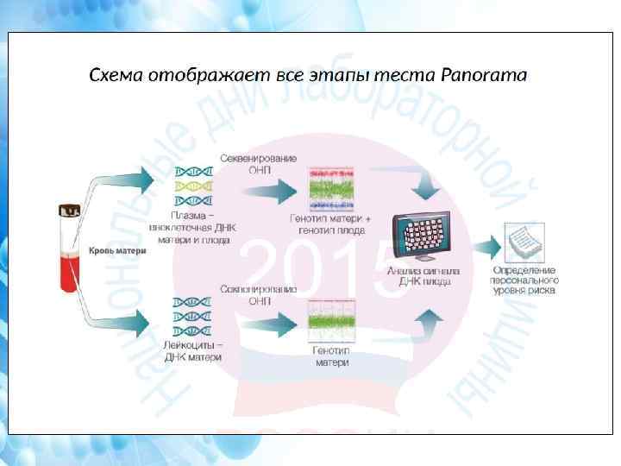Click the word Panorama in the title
[483, 75]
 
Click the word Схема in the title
[118, 75]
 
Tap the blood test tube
[70, 251]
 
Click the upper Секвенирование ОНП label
[259, 164]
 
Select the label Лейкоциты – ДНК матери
[193, 350]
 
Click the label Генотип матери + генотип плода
[333, 225]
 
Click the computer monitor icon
[427, 234]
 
